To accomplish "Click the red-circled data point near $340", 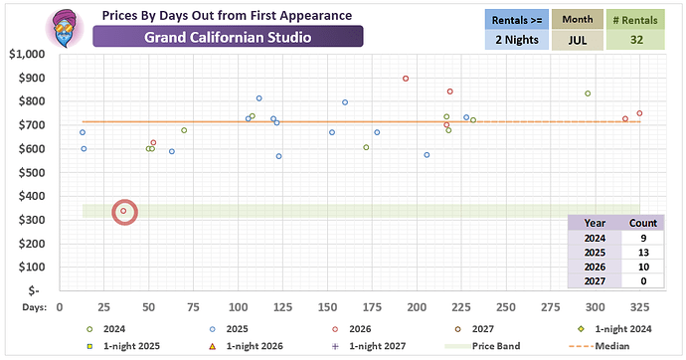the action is tap(123, 211).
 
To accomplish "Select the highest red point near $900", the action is tap(406, 79).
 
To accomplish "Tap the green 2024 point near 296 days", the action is tap(588, 93).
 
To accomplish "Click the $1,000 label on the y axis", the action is tap(27, 55).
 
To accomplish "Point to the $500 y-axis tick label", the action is tap(32, 173).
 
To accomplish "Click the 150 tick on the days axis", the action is tap(327, 307).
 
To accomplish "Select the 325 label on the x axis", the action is tap(639, 307).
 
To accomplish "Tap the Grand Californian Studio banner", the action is tap(228, 37).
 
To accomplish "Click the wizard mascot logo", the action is tap(65, 29).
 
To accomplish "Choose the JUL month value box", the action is tap(578, 40).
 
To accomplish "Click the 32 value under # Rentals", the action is tap(636, 40).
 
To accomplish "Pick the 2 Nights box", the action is tap(517, 40).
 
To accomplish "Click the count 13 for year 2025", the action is tap(643, 253).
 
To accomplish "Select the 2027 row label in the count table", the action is tap(595, 281).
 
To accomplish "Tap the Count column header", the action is tap(643, 223).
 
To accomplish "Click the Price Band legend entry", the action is tap(482, 346).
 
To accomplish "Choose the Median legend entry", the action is tap(600, 346).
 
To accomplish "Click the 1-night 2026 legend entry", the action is tap(247, 346).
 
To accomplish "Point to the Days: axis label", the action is tap(35, 307).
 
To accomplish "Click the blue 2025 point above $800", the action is tap(259, 98).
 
